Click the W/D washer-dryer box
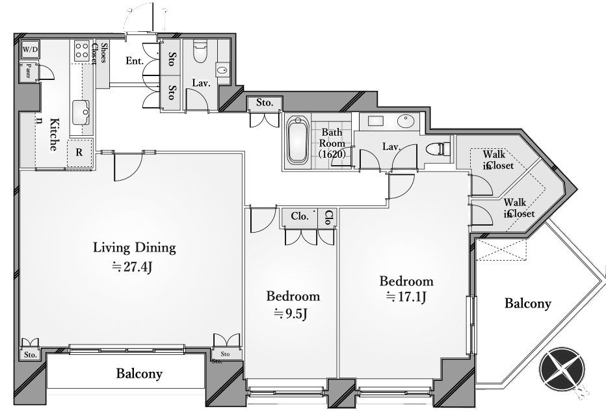pyautogui.click(x=30, y=49)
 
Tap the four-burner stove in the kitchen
pyautogui.click(x=82, y=51)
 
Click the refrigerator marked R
pyautogui.click(x=79, y=153)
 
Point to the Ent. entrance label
pyautogui.click(x=135, y=61)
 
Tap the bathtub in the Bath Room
pyautogui.click(x=298, y=139)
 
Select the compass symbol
pyautogui.click(x=562, y=371)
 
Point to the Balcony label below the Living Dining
pyautogui.click(x=139, y=374)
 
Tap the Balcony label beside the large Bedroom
pyautogui.click(x=528, y=303)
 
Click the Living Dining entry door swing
pyautogui.click(x=127, y=168)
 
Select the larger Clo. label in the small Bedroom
pyautogui.click(x=299, y=216)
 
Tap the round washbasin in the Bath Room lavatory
pyautogui.click(x=406, y=122)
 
